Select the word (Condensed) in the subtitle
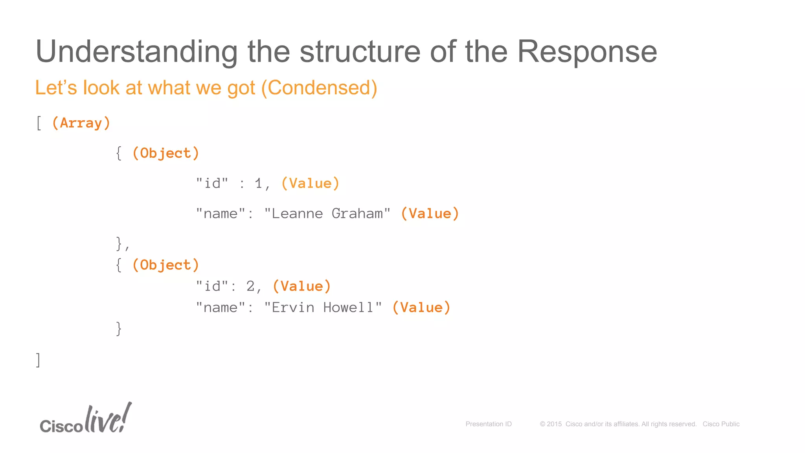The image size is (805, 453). coord(319,88)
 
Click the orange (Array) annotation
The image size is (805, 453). coord(81,123)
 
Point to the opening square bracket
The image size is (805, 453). coord(39,123)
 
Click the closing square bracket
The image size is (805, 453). coord(38,360)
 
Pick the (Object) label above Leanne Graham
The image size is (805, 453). coord(165,153)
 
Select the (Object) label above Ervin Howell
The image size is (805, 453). coord(165,265)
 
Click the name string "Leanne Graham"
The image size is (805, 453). coord(327,214)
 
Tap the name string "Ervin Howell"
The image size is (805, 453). coord(323,308)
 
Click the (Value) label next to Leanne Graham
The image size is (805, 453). coord(430,214)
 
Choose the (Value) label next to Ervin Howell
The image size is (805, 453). coord(421,308)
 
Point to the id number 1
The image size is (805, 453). coord(258,184)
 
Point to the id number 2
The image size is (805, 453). coord(250,286)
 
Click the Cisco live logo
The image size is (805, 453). coord(86,419)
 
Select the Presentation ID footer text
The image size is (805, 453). coord(489,424)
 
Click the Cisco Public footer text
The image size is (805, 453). coord(721,424)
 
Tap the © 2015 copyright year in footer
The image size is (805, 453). coord(551,424)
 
